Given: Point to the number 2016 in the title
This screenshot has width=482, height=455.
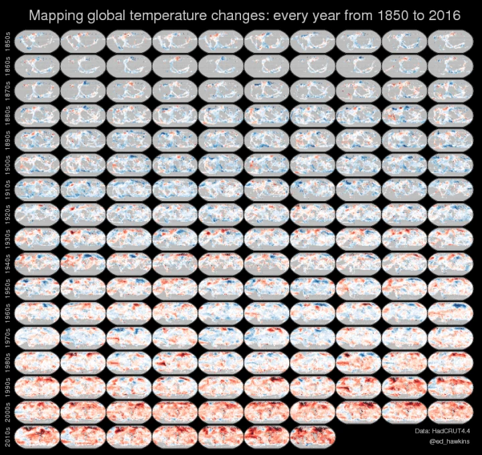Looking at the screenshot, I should [x=443, y=15].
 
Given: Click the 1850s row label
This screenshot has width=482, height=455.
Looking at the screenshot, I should [x=7, y=42].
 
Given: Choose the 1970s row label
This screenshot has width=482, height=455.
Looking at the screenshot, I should [x=7, y=338].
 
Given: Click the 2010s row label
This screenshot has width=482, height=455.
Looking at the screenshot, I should [x=7, y=436].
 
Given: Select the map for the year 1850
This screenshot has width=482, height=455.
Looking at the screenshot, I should [x=36, y=42].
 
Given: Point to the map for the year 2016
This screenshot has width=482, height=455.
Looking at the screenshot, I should [x=311, y=436].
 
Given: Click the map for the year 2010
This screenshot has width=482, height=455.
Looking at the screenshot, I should [x=36, y=436].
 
